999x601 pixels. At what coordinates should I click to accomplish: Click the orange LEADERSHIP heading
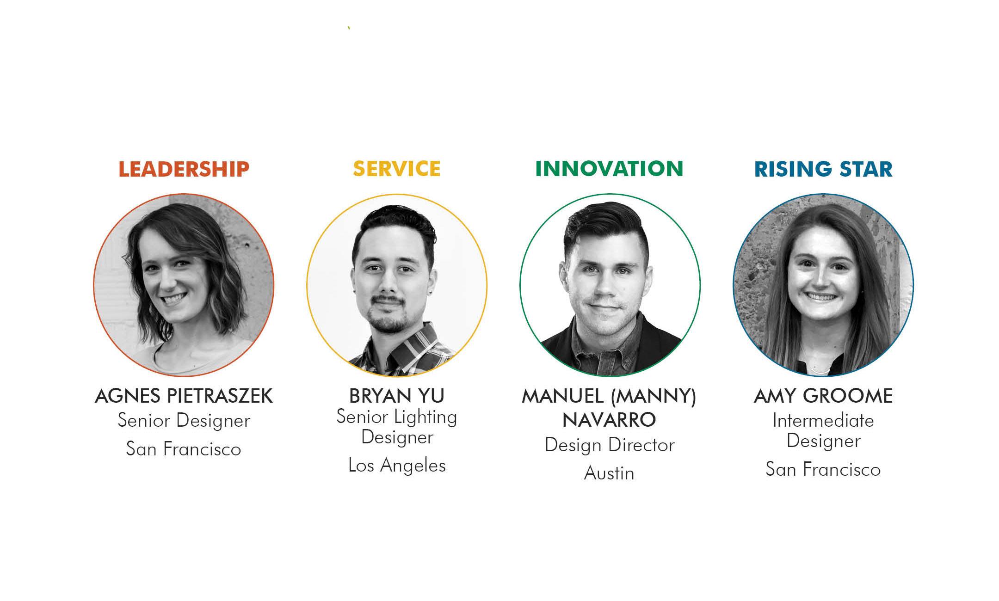[x=184, y=169]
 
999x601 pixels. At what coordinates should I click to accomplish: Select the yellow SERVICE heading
[x=396, y=169]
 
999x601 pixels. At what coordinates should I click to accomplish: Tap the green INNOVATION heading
[x=609, y=169]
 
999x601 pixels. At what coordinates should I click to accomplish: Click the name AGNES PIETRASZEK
[x=184, y=396]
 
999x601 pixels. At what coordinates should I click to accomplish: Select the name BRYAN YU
[x=396, y=396]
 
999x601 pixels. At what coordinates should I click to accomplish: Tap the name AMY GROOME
[x=823, y=396]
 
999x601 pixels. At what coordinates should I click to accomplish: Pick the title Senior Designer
[x=184, y=421]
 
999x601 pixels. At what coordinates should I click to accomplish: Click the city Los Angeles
[x=396, y=466]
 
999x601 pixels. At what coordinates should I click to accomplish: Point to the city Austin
[x=609, y=473]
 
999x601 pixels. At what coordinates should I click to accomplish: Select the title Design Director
[x=609, y=445]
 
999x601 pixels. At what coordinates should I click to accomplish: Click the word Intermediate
[x=823, y=421]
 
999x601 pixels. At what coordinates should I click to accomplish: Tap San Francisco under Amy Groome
[x=823, y=470]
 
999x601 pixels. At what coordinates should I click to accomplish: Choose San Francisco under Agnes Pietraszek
[x=184, y=449]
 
